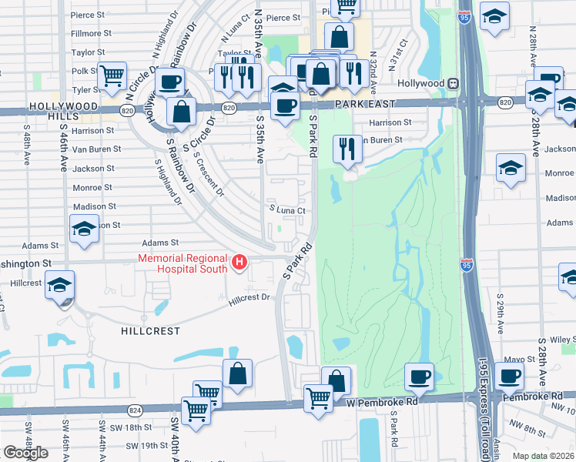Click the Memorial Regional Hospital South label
click(183, 263)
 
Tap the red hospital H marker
click(239, 263)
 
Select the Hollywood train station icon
click(454, 83)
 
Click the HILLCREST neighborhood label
click(150, 331)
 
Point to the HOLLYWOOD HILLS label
click(63, 112)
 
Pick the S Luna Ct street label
click(287, 209)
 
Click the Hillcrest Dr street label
click(250, 298)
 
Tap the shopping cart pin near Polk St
click(112, 75)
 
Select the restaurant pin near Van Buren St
click(347, 147)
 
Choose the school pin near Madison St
click(84, 228)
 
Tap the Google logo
click(25, 452)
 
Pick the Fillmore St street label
click(86, 34)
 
